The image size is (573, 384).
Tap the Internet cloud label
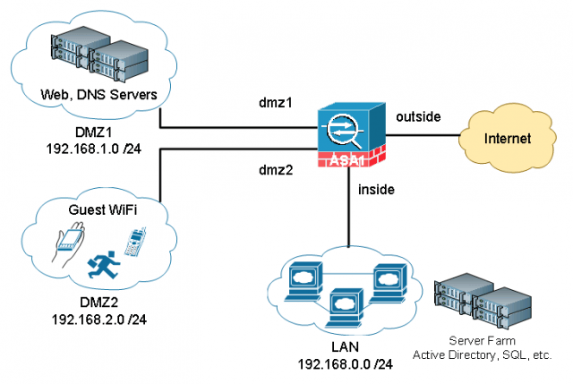[x=508, y=139]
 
